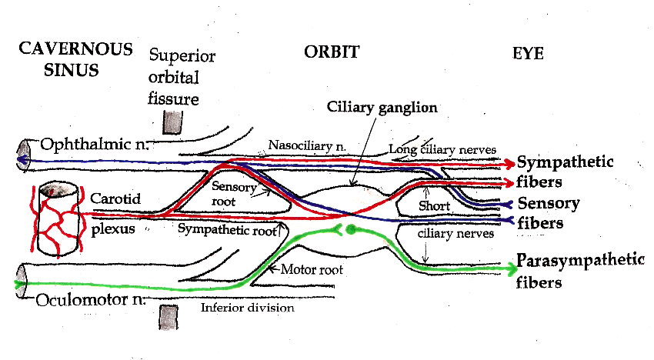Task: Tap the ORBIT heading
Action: [331, 52]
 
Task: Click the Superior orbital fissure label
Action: [182, 78]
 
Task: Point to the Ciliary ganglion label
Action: [370, 106]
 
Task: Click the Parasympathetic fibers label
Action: [579, 269]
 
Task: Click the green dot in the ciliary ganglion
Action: [352, 228]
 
